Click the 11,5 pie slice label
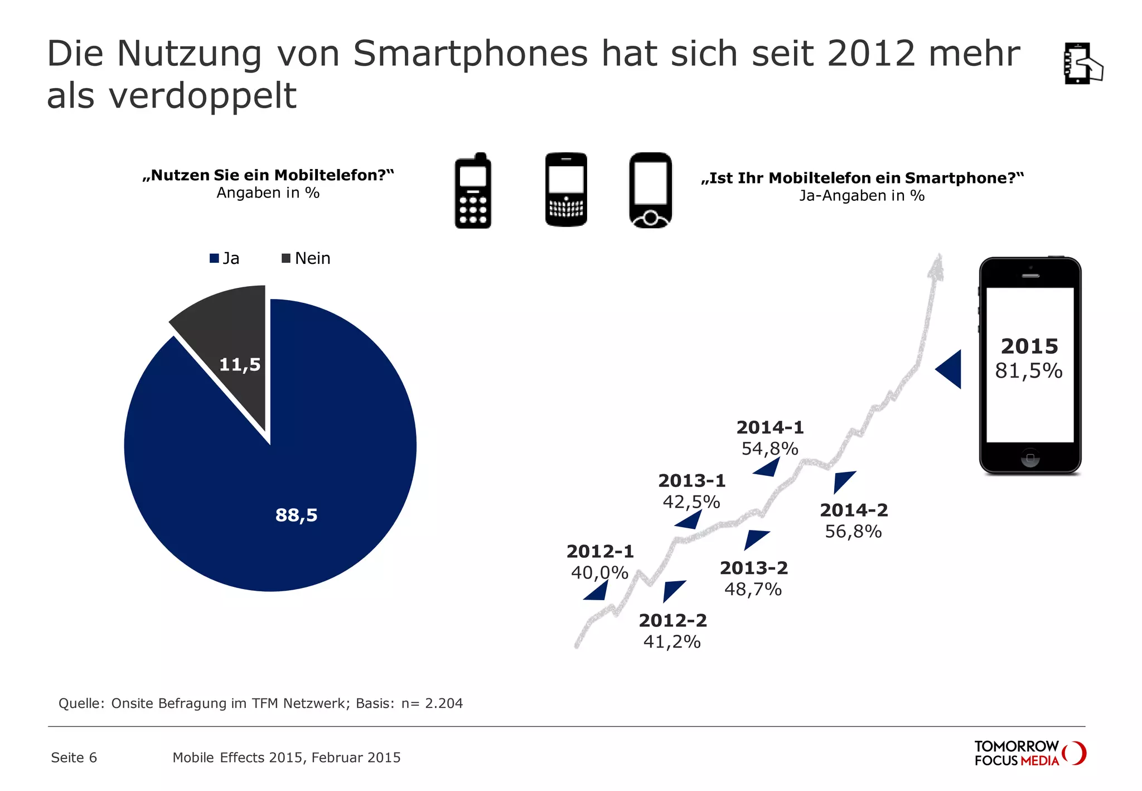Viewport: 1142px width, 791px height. (x=240, y=365)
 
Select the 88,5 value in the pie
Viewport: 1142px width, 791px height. (x=296, y=515)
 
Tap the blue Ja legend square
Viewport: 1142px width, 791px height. (x=214, y=258)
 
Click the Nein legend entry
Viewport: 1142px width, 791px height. (x=306, y=258)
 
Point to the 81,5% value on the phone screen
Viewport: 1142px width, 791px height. (x=1029, y=371)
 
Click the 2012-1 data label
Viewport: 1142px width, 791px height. (x=600, y=552)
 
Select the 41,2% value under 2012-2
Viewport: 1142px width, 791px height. (x=672, y=642)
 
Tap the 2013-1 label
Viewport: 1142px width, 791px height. (x=691, y=481)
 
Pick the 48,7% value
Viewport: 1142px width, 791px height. (x=753, y=590)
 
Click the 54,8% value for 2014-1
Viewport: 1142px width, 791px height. (x=770, y=449)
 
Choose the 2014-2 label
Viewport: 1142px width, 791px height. (x=853, y=510)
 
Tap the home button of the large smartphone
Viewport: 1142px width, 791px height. (x=1030, y=457)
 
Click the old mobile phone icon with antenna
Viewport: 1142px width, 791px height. (x=473, y=191)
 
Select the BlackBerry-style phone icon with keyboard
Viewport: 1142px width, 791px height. (x=566, y=190)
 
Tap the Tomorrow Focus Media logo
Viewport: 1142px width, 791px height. (x=1029, y=754)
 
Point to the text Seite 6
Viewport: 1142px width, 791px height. (x=74, y=758)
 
